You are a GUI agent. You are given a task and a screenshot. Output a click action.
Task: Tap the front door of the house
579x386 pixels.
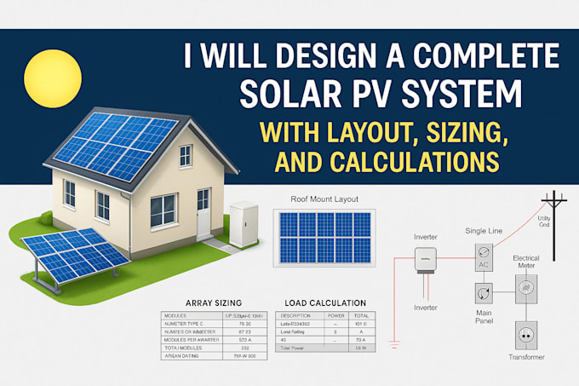coord(204,213)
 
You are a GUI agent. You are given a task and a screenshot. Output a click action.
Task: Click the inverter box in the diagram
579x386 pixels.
coord(425,260)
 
